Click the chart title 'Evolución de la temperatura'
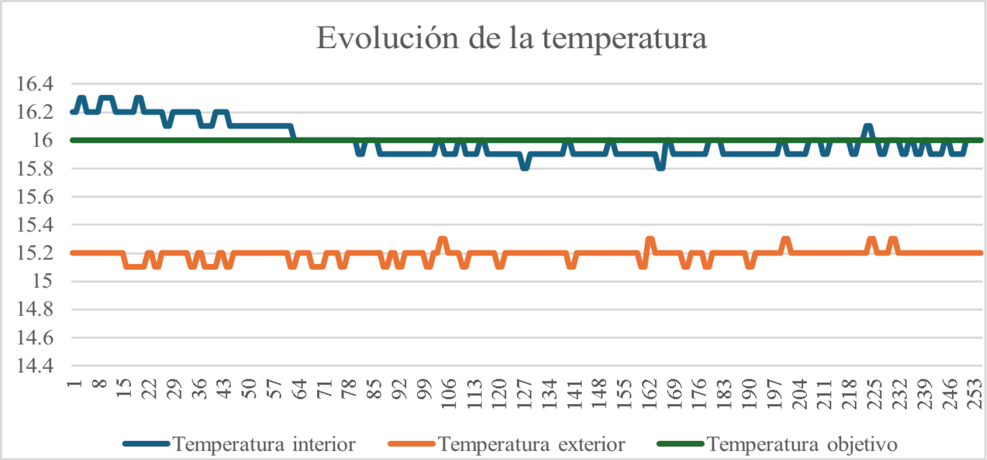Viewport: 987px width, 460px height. click(511, 38)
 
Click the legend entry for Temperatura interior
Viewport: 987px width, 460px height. click(264, 445)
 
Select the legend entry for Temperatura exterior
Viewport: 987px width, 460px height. click(531, 445)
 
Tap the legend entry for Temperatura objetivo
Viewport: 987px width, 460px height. click(801, 445)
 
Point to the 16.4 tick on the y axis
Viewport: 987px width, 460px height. click(35, 84)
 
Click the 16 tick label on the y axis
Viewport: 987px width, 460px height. click(42, 140)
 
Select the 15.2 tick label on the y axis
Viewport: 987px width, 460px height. click(35, 253)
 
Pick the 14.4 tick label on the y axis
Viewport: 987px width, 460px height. click(35, 365)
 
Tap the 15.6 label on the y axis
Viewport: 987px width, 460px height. click(35, 197)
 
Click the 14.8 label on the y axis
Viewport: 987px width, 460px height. click(35, 309)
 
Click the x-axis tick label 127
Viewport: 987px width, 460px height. click(524, 393)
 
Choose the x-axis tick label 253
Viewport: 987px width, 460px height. click(975, 393)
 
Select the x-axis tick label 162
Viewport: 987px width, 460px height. click(649, 393)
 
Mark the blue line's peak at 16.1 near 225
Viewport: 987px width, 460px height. click(868, 126)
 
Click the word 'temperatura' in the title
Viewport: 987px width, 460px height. click(624, 38)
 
